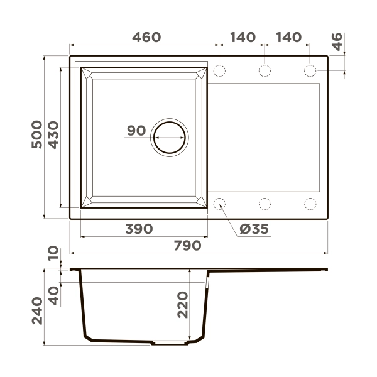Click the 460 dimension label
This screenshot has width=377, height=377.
pos(146,37)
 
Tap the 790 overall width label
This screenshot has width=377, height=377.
pos(187,246)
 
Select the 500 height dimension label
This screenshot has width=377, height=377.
pos(37,134)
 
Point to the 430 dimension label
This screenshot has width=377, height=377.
pos(53,135)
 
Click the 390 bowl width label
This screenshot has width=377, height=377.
pos(139,229)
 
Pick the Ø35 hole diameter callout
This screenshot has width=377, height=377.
pos(254,229)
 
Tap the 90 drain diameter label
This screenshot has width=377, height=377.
pos(136,131)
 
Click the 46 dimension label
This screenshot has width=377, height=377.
pos(337,42)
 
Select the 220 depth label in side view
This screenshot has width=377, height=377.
pos(182,305)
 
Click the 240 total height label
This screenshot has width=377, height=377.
pos(37,311)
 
